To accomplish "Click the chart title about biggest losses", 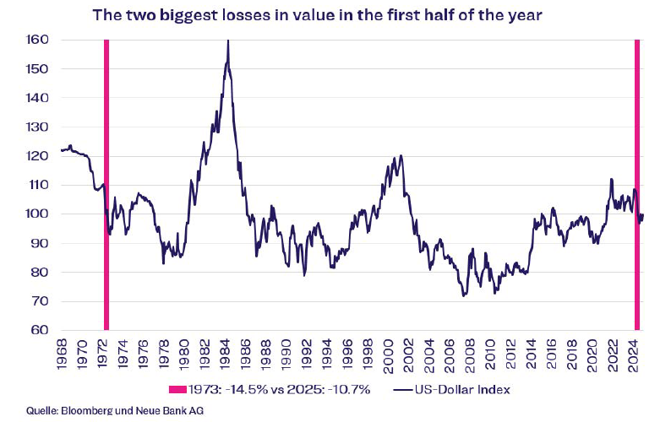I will coord(330,14).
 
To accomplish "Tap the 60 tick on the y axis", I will coord(39,330).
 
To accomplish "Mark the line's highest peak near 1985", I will coord(228,42).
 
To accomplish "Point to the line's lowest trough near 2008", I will coord(464,295).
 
